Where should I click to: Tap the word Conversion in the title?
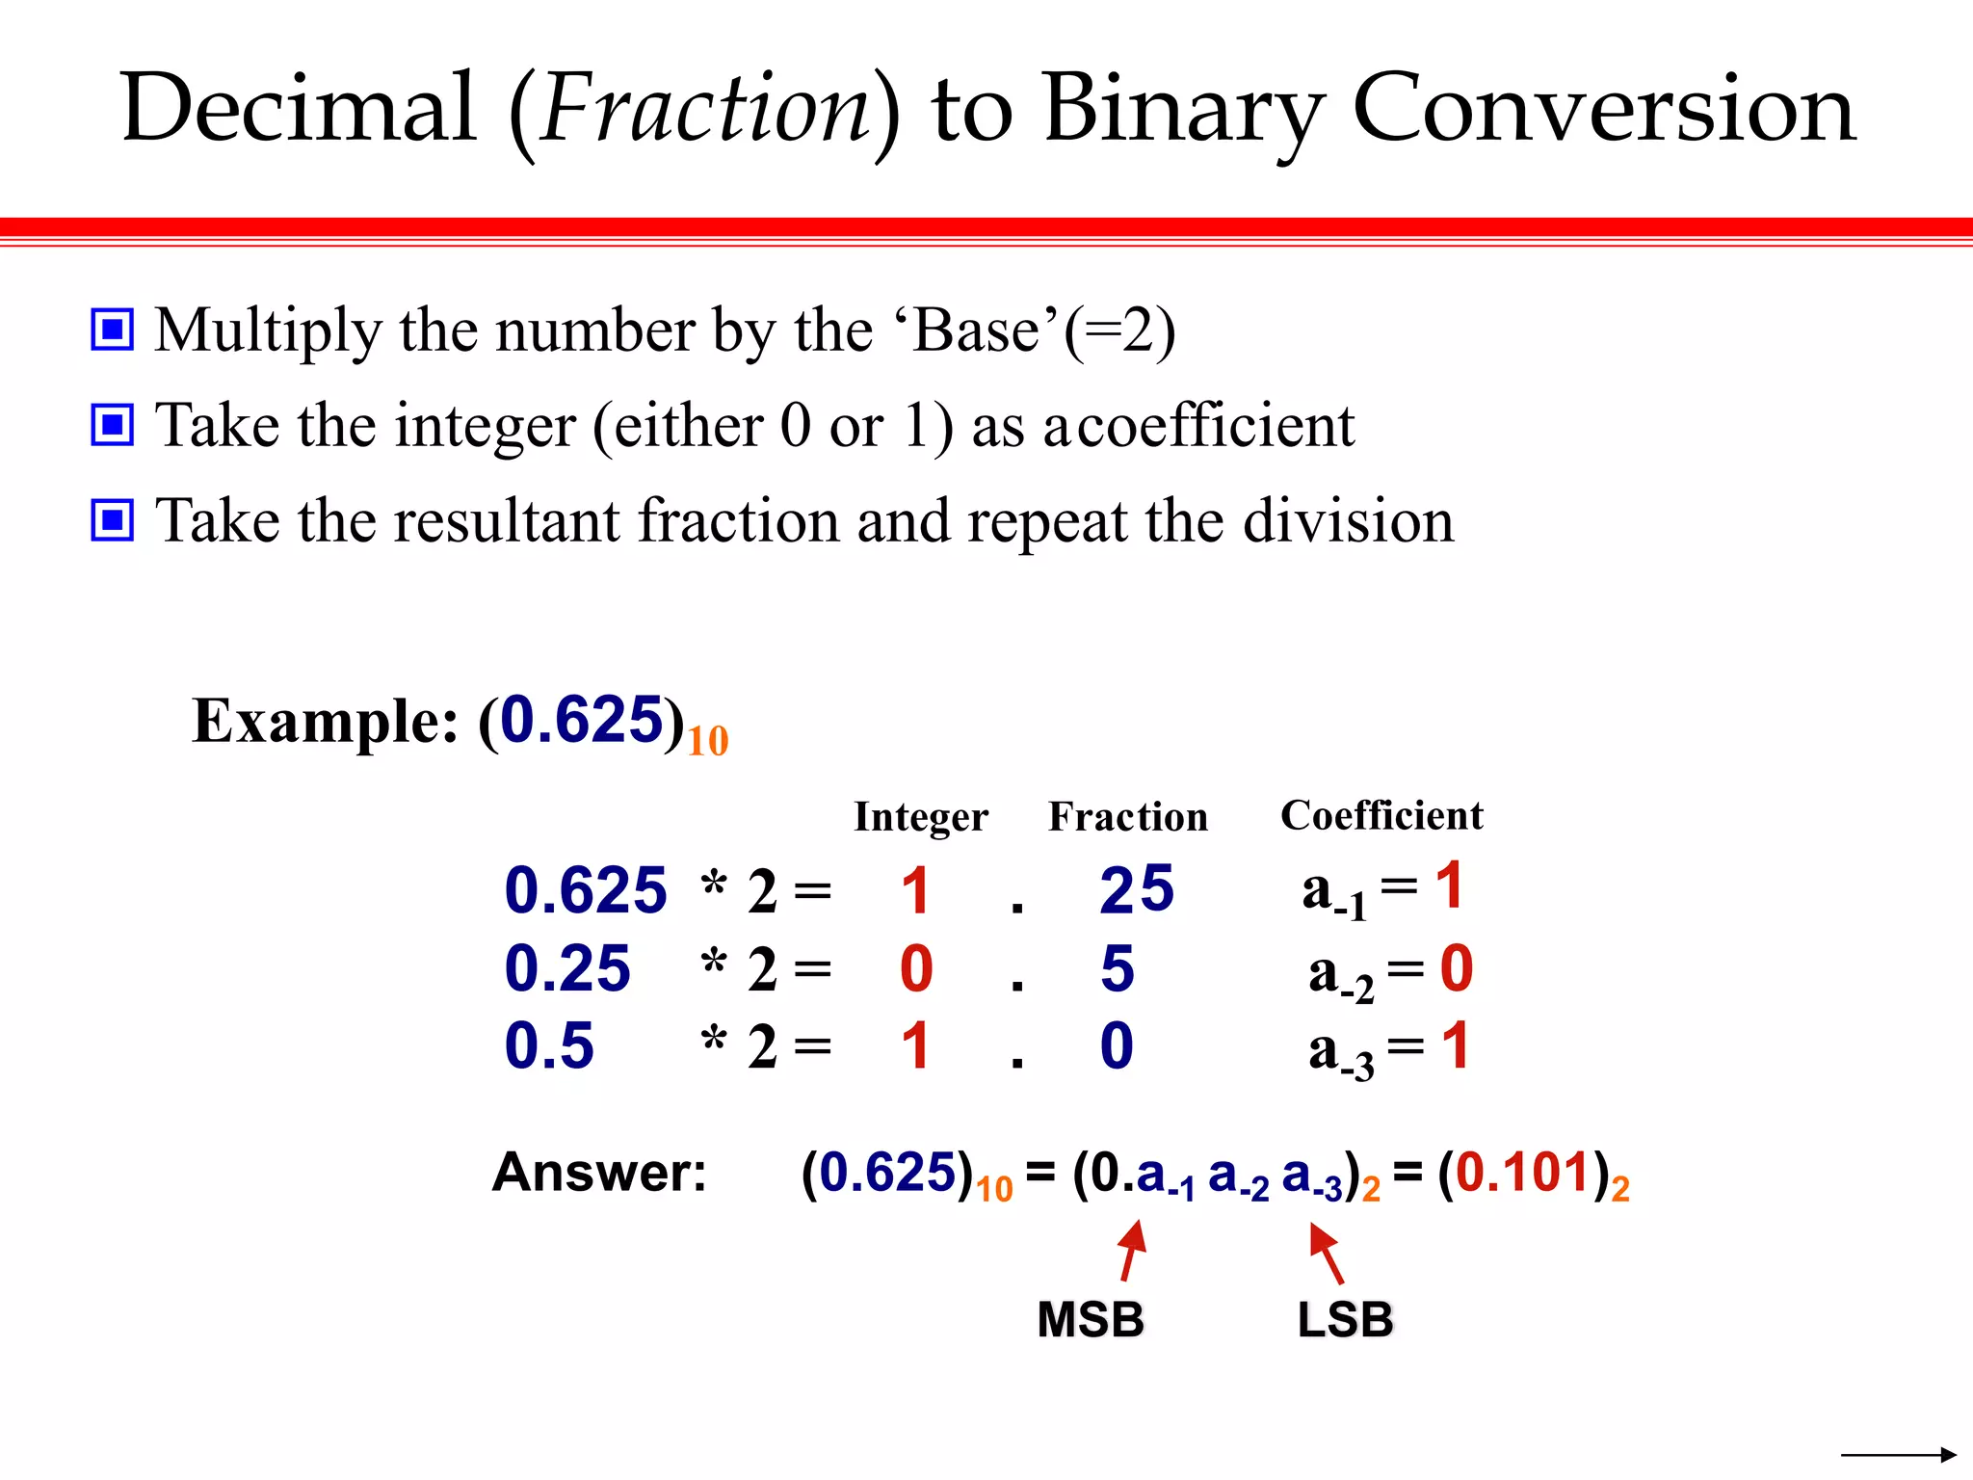coord(1603,109)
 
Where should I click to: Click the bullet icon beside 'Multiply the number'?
coord(113,330)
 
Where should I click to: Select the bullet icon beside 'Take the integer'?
coord(113,425)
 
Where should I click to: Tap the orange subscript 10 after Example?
coord(708,742)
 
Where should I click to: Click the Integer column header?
coord(920,817)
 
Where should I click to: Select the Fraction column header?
coord(1127,817)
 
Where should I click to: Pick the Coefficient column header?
coord(1381,815)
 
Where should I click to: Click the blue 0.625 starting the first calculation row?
coord(586,890)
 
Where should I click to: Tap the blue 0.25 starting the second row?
coord(567,968)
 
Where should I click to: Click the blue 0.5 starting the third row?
coord(549,1046)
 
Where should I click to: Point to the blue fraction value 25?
coord(1137,889)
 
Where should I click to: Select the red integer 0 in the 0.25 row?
coord(916,968)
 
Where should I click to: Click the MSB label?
coord(1091,1320)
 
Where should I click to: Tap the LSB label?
coord(1345,1320)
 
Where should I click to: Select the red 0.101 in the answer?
coord(1522,1173)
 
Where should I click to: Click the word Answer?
coord(599,1173)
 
